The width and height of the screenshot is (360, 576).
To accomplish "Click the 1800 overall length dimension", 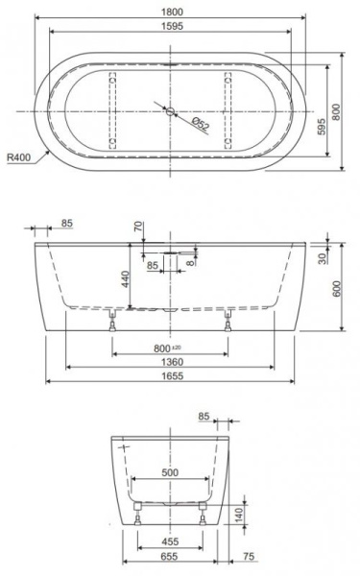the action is (172, 12).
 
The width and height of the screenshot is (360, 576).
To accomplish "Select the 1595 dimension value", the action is (172, 26).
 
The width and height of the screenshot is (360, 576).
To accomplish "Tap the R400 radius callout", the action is (19, 158).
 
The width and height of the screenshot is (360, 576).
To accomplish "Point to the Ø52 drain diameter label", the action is (201, 124).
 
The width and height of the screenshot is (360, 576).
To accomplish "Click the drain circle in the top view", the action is (170, 111).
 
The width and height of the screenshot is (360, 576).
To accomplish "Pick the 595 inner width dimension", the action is (322, 127).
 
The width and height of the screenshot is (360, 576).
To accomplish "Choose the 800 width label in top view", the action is (336, 111).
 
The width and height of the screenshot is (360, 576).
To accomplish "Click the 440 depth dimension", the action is (125, 279).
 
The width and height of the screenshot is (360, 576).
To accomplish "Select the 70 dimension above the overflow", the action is (138, 227).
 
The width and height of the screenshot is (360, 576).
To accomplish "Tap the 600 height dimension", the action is (337, 289).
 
